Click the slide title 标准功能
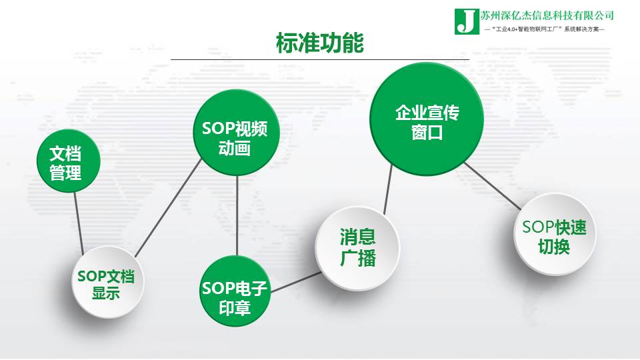(x=319, y=43)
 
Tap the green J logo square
(x=467, y=21)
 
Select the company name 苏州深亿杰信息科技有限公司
(x=547, y=15)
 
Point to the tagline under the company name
(x=544, y=29)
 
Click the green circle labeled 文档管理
(x=68, y=161)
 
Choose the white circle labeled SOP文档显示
(x=108, y=282)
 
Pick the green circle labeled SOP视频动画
(x=236, y=133)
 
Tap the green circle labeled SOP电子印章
(x=235, y=291)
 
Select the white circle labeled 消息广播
(x=357, y=248)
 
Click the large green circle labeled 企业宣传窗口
(x=427, y=119)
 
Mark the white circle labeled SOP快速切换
(x=554, y=234)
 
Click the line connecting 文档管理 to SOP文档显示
(x=79, y=224)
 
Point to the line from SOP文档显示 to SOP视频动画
(x=168, y=208)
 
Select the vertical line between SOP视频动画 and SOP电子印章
(x=237, y=216)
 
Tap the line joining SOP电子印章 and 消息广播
(x=296, y=283)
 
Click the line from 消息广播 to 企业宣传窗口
(x=388, y=189)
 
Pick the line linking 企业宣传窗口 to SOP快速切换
(x=493, y=186)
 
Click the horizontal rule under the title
(x=320, y=59)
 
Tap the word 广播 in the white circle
(x=357, y=259)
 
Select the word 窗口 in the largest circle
(x=427, y=133)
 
